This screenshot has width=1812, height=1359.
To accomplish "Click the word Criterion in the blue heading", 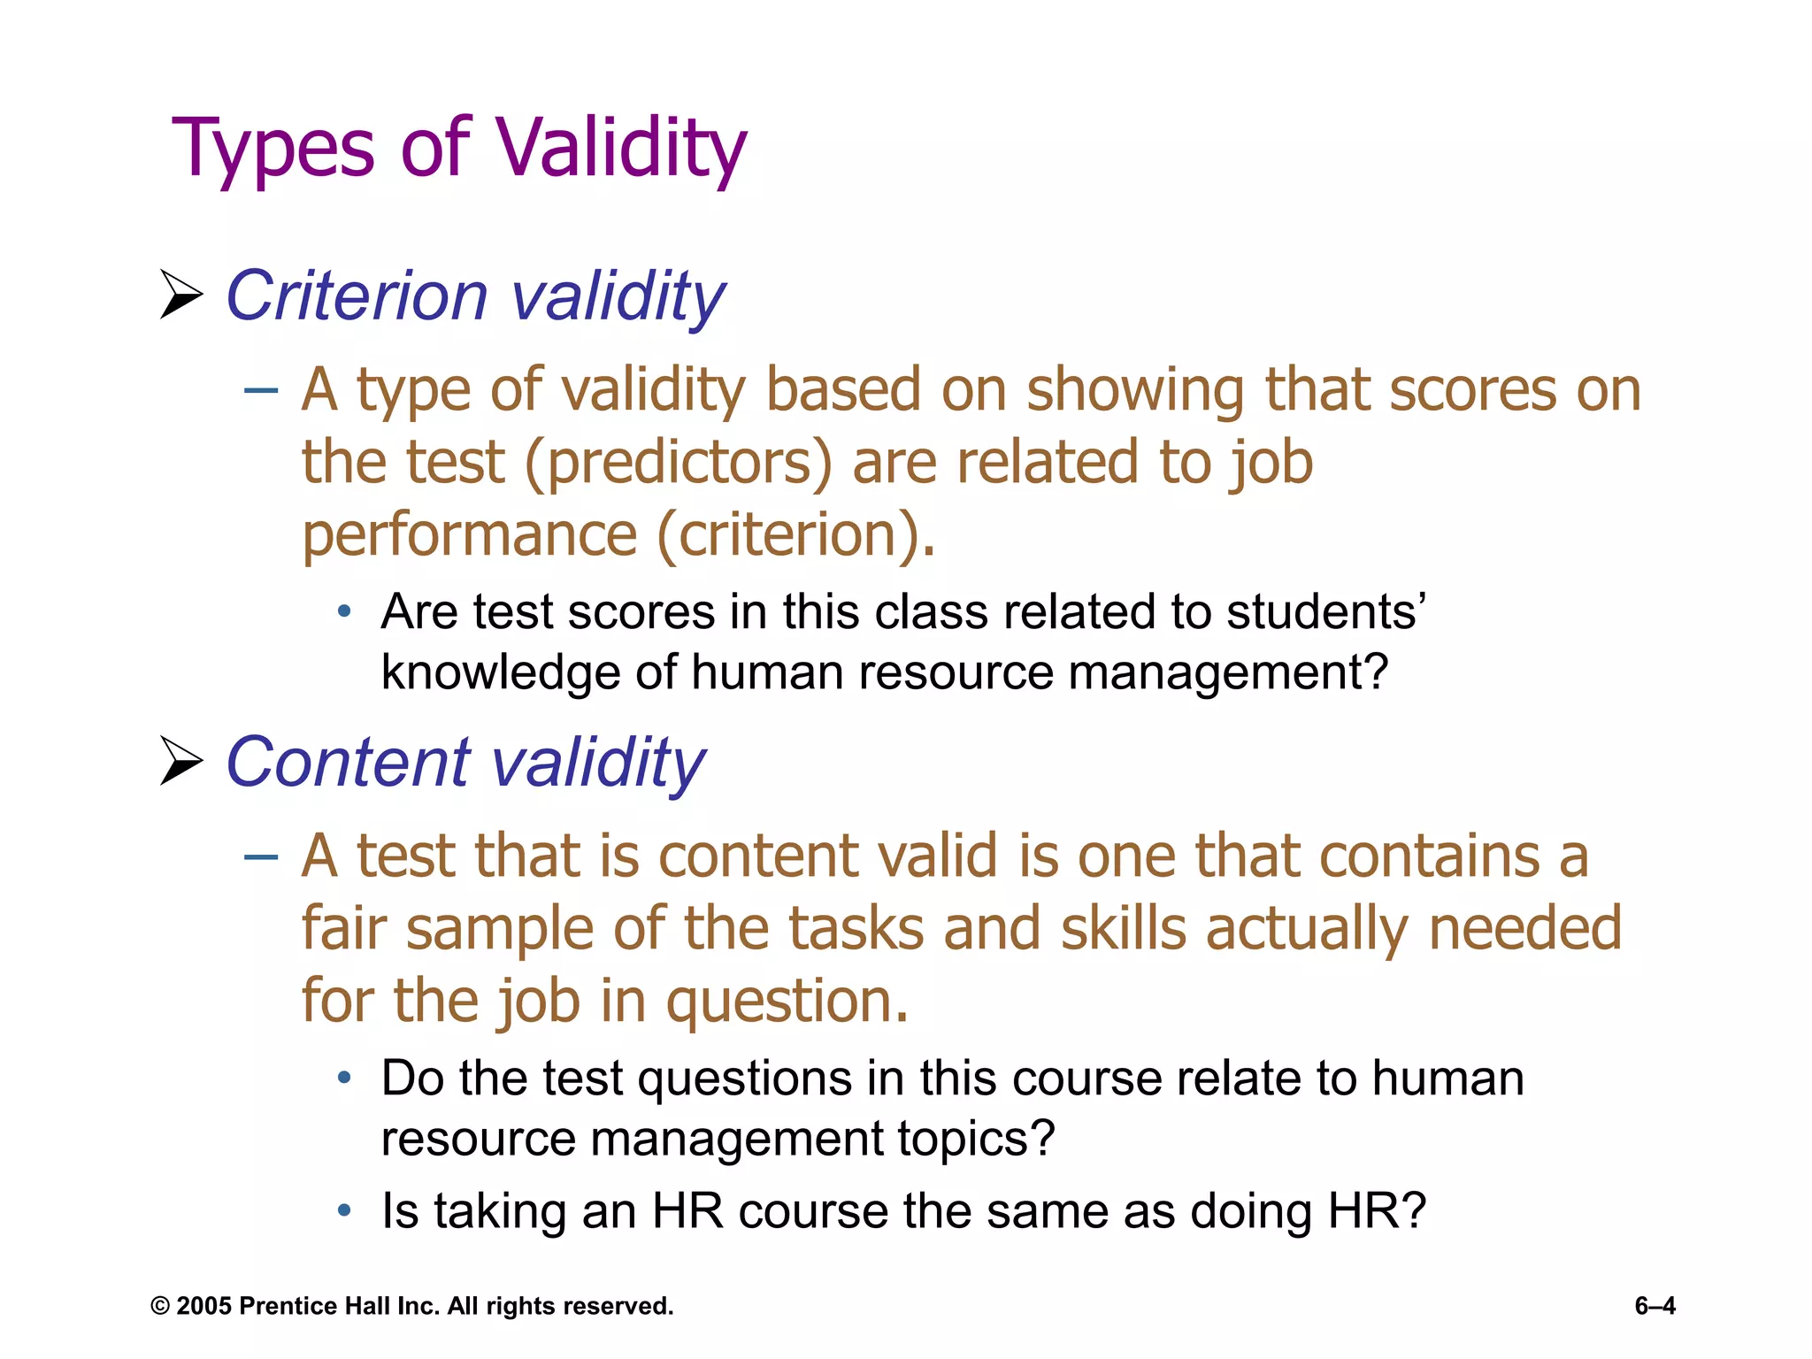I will click(357, 296).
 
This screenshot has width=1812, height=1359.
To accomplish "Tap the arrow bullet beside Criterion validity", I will click(181, 295).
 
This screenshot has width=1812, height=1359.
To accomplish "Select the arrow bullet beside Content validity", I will click(181, 761).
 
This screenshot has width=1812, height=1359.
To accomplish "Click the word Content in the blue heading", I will click(348, 762).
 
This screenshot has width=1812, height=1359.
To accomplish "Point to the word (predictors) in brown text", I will click(679, 463).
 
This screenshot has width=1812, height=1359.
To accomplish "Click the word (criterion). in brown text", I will click(795, 535).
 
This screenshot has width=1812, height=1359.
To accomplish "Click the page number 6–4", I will click(1655, 1306).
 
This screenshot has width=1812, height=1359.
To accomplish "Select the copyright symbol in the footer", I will click(160, 1307).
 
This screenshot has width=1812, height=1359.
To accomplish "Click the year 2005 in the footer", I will click(203, 1306).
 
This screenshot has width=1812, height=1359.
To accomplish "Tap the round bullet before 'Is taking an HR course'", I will click(344, 1209).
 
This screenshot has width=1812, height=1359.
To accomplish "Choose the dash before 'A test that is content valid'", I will click(261, 856).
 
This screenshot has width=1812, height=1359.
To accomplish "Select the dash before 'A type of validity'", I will click(261, 389).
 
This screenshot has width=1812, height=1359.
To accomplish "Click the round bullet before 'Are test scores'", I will click(344, 611).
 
